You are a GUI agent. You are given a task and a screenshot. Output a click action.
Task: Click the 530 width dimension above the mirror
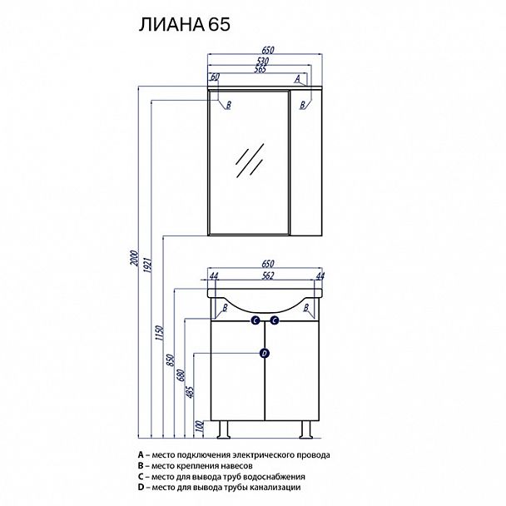pyautogui.click(x=263, y=62)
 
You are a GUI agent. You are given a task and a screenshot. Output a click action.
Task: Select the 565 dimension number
pyautogui.click(x=255, y=71)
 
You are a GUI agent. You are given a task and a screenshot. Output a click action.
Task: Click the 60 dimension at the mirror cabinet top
pyautogui.click(x=215, y=77)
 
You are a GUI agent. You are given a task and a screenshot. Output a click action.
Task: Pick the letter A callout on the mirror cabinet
pyautogui.click(x=297, y=77)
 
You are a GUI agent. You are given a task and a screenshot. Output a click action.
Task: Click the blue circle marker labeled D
pyautogui.click(x=265, y=353)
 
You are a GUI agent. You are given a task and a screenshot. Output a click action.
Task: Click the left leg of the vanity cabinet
pyautogui.click(x=222, y=429)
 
